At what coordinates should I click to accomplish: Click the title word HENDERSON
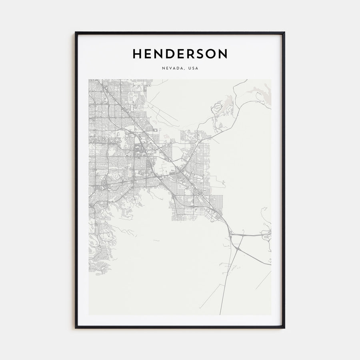pyautogui.click(x=180, y=54)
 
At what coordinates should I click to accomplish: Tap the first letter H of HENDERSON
pyautogui.click(x=137, y=54)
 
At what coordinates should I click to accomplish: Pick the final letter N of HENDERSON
pyautogui.click(x=223, y=54)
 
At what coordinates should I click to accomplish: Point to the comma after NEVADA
pyautogui.click(x=185, y=69)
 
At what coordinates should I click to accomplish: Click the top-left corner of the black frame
pyautogui.click(x=76, y=32)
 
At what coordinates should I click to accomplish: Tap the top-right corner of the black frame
pyautogui.click(x=284, y=32)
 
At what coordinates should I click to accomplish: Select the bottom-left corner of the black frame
pyautogui.click(x=76, y=328)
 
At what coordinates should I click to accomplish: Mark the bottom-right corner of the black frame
pyautogui.click(x=284, y=328)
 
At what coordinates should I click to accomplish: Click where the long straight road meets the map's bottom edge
pyautogui.click(x=220, y=314)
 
